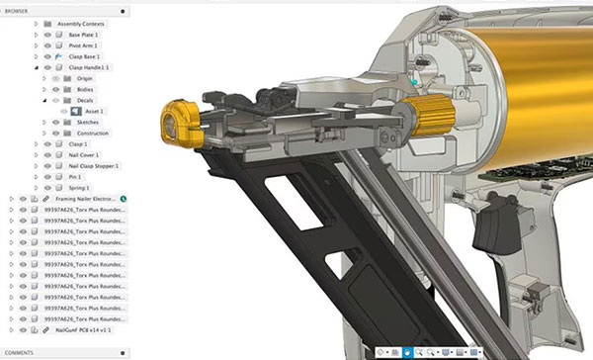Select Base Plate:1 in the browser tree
[85, 35]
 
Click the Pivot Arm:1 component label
[85, 46]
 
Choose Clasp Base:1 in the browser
[86, 57]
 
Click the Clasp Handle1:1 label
[90, 68]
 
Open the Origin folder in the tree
[86, 78]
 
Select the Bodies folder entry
[86, 89]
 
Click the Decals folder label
[87, 100]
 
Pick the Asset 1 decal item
[94, 111]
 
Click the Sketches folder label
[90, 122]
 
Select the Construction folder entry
[93, 133]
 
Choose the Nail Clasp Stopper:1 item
[94, 166]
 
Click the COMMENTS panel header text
[21, 353]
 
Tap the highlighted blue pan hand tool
[407, 352]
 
